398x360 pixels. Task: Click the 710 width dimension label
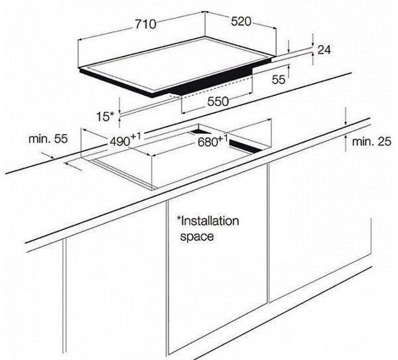tap(145, 24)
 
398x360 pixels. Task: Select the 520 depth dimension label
tap(241, 21)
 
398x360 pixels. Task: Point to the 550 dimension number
tap(218, 101)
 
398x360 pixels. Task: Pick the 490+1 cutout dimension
tap(125, 141)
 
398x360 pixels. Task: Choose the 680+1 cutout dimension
tap(212, 141)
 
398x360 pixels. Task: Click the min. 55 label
tap(48, 139)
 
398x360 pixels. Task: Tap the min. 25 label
tap(371, 142)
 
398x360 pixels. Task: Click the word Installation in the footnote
tap(210, 221)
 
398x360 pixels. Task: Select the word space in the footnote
tap(197, 237)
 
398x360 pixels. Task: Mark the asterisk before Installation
tap(178, 218)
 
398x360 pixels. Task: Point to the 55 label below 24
tap(279, 80)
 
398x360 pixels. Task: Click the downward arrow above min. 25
tap(346, 117)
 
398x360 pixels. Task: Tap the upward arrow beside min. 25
tap(346, 143)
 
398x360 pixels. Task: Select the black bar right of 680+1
tap(245, 147)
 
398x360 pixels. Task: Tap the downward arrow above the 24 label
tap(313, 40)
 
